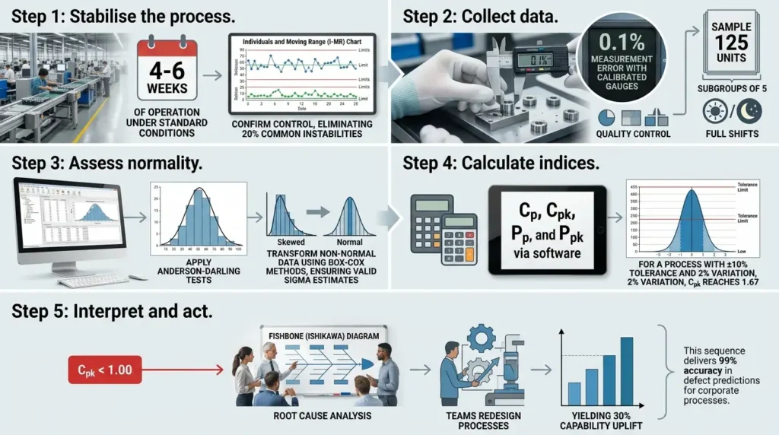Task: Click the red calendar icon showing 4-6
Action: pos(166,75)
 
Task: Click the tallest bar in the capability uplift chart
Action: pos(627,370)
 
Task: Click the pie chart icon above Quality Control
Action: pos(607,117)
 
